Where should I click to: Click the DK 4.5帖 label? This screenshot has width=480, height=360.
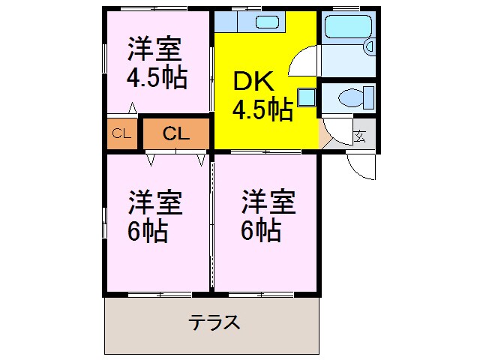[x=262, y=97]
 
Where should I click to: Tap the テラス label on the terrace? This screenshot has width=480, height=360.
[x=214, y=323]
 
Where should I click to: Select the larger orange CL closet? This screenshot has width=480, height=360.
[x=175, y=134]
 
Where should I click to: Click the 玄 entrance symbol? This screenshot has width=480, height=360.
[x=361, y=136]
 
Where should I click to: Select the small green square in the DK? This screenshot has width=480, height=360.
[x=306, y=97]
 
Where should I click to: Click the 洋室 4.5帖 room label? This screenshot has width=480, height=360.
[x=156, y=63]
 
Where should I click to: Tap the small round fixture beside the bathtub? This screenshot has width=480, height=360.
[x=369, y=47]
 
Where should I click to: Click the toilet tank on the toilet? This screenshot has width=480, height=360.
[x=368, y=97]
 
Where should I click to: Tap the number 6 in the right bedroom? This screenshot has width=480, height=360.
[x=249, y=229]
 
